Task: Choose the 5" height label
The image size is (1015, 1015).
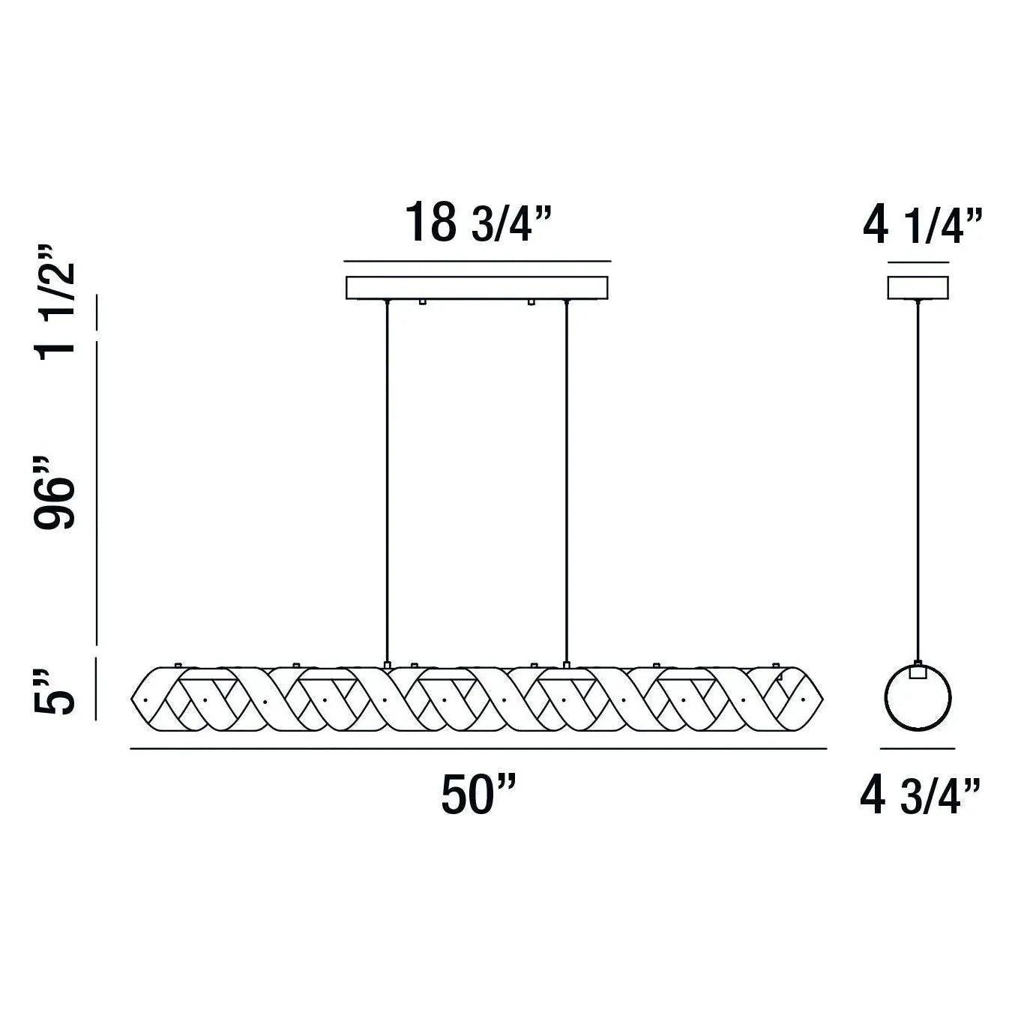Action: click(56, 693)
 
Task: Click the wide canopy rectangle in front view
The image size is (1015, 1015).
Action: click(477, 288)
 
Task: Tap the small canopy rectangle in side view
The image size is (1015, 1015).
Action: click(918, 288)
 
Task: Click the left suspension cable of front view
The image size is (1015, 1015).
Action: click(387, 480)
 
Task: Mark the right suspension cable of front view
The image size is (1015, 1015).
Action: click(566, 480)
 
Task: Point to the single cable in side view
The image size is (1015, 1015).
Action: click(918, 480)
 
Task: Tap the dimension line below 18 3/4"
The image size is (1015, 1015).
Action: click(477, 262)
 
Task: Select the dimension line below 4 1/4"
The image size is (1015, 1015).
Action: click(918, 262)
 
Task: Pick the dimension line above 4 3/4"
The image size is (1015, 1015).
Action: click(918, 748)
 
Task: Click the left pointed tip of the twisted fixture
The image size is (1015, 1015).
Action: click(133, 699)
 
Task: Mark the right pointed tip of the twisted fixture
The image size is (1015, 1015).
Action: click(823, 699)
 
